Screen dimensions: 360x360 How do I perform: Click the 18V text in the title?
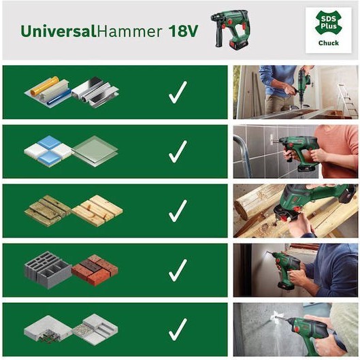[183, 31]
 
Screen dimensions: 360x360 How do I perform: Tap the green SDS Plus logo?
[329, 22]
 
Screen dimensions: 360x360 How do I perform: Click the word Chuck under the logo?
[329, 43]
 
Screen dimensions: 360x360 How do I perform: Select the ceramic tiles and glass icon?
[71, 151]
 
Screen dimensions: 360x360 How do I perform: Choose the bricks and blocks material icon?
[71, 269]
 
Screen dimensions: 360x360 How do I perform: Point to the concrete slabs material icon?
[71, 329]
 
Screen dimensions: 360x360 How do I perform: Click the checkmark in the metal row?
[178, 93]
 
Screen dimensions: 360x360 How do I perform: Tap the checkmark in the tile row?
[178, 151]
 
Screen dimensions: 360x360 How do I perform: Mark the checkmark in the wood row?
[178, 210]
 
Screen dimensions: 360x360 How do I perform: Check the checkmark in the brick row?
[178, 269]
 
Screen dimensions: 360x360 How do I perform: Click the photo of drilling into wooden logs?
[295, 210]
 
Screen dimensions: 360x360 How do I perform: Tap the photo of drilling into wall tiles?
[295, 151]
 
